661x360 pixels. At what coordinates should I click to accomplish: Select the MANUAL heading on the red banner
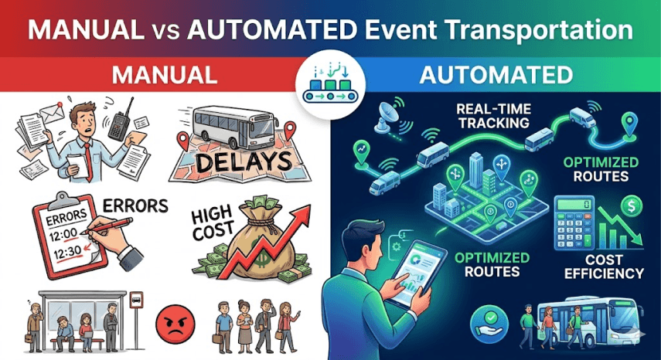coord(164,75)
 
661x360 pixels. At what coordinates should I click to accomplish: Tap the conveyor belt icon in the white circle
coord(330,83)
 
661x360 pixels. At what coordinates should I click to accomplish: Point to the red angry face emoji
coord(172,318)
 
